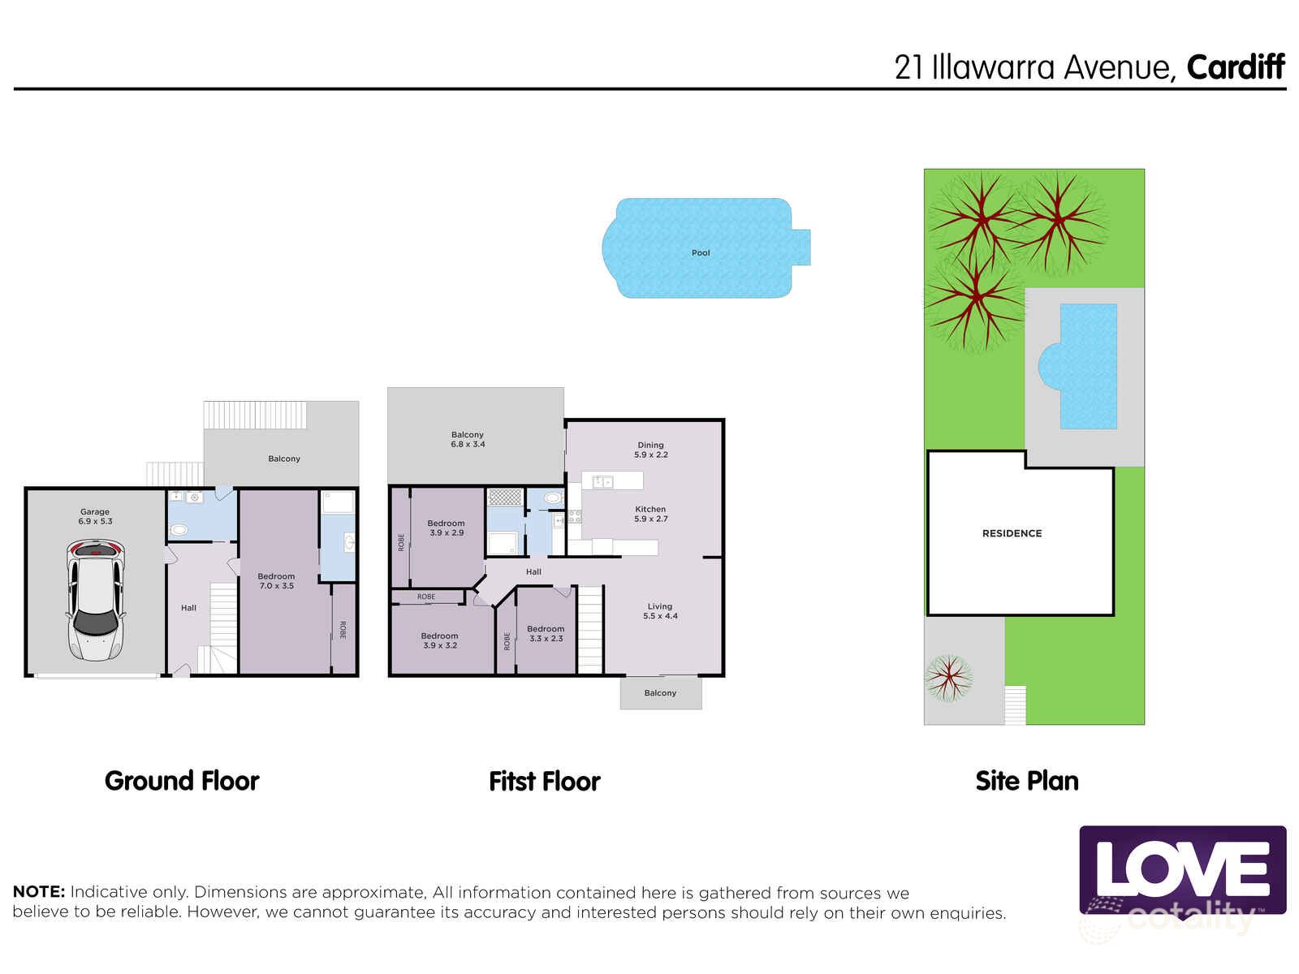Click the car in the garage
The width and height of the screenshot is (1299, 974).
coord(96,601)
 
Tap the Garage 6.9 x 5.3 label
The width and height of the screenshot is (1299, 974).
coord(95,517)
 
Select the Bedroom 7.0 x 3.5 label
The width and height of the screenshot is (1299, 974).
coord(276,581)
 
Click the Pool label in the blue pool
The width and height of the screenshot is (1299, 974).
coord(701,253)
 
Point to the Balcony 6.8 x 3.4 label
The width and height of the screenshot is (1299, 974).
coord(468,440)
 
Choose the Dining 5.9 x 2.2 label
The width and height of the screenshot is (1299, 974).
coord(650,450)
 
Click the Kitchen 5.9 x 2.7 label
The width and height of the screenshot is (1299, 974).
coord(650,514)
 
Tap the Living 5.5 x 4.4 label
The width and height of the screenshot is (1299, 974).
coord(660,611)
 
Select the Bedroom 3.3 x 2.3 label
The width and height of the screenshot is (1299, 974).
coord(546,634)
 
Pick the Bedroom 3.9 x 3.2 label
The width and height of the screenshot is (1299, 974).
coord(439,640)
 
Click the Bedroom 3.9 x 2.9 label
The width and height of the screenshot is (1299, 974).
coord(446,528)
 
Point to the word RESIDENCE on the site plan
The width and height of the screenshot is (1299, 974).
coord(1012,533)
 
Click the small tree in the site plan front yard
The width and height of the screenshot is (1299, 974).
coord(947,678)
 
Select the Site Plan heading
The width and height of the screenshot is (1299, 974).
coord(1027,781)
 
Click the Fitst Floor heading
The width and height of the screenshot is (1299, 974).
coord(544,782)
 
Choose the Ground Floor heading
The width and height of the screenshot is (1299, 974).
coord(182,781)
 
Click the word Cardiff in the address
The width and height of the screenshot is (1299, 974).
coord(1236,67)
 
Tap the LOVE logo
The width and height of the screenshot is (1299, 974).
coord(1182,870)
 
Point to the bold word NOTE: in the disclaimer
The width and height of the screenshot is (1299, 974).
coord(38,892)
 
